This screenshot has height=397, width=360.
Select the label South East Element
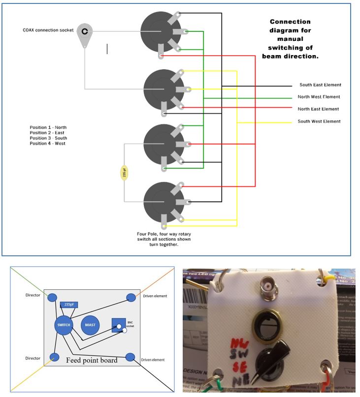tap(320, 85)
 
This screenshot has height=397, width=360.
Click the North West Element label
tap(319, 97)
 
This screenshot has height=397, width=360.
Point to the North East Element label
tap(318, 109)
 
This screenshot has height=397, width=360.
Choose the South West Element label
tap(319, 121)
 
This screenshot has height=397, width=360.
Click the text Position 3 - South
tap(48, 138)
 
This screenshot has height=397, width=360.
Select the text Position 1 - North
tap(48, 127)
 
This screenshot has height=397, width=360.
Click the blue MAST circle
tap(90, 325)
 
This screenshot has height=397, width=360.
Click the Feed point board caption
tap(92, 360)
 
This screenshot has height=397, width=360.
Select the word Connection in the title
tap(290, 22)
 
